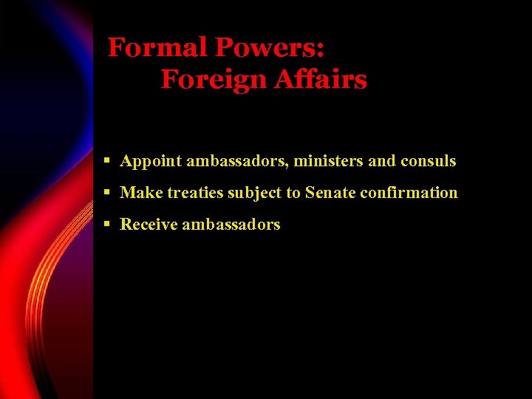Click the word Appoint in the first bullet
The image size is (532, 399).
[x=151, y=160]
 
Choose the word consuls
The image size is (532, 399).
[x=429, y=160]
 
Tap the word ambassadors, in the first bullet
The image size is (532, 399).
[x=237, y=160]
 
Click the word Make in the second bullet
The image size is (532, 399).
[x=141, y=193]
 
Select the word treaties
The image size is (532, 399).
[x=195, y=193]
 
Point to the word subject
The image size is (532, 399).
[x=254, y=194]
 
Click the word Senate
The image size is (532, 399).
[x=330, y=193]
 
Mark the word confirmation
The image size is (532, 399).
[x=409, y=193]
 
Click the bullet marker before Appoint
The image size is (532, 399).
[x=107, y=160]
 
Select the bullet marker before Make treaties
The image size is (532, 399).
[x=107, y=192]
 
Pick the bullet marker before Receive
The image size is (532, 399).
[x=107, y=224]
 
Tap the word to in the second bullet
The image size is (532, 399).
[x=293, y=194]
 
